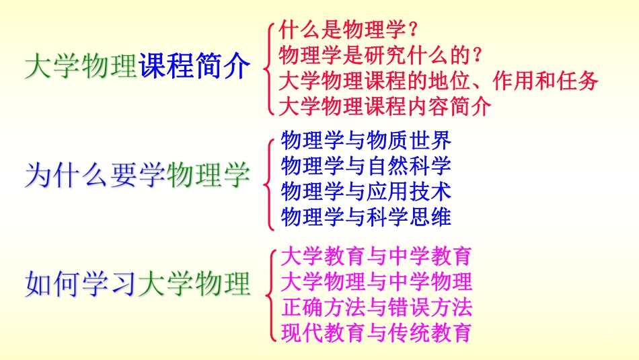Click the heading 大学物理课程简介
[x=137, y=67]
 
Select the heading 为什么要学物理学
[x=137, y=176]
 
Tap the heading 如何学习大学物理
[x=137, y=283]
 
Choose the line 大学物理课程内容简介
[x=385, y=106]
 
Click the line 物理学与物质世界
[x=366, y=141]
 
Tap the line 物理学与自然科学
[x=366, y=166]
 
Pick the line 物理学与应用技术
[x=366, y=191]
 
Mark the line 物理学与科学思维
[x=366, y=217]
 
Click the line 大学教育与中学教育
[x=376, y=256]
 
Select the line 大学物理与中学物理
[x=376, y=281]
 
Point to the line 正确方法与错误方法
[x=376, y=307]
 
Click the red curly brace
[x=269, y=67]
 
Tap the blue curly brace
[x=270, y=178]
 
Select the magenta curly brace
[x=270, y=294]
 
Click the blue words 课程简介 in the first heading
[x=194, y=67]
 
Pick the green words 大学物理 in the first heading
[x=81, y=67]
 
